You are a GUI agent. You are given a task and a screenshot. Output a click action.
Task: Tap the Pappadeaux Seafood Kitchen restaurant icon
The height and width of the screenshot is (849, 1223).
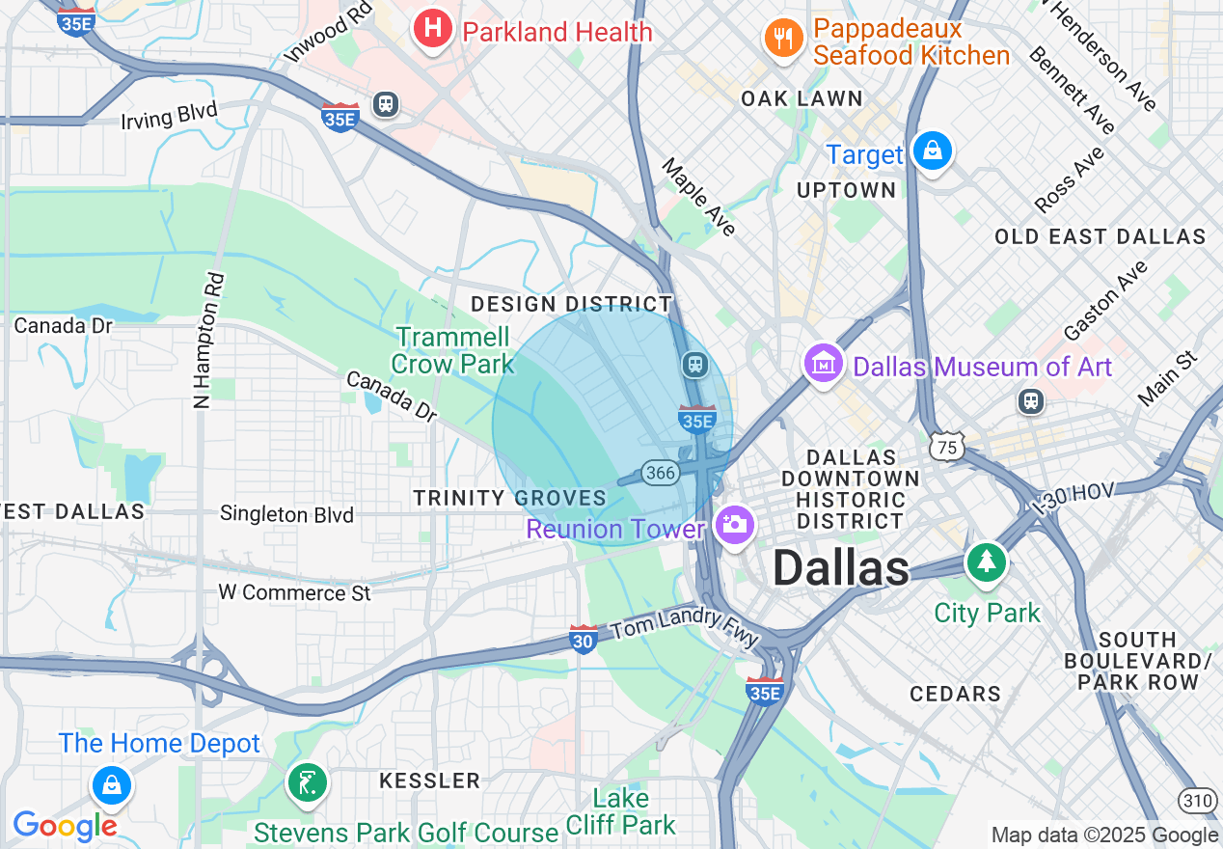point(783,38)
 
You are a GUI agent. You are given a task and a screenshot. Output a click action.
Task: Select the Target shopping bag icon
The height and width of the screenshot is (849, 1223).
point(933,151)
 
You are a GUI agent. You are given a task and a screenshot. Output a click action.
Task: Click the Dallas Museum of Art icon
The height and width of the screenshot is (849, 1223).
point(823,364)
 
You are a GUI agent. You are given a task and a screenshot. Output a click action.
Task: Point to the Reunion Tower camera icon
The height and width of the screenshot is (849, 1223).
point(734,525)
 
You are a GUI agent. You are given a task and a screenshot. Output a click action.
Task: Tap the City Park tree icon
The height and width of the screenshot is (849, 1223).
point(985,561)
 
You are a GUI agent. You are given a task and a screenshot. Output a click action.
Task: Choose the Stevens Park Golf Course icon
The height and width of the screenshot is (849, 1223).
point(308,782)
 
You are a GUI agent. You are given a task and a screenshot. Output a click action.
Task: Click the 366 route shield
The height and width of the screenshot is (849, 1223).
point(660,473)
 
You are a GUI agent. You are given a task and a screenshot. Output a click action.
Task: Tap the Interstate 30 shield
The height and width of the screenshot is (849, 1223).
point(583,639)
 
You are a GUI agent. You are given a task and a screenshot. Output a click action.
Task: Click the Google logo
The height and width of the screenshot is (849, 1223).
point(64,826)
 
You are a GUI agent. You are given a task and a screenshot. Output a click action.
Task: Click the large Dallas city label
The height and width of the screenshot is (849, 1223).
point(840,568)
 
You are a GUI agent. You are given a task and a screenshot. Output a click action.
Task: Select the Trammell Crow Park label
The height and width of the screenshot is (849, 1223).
point(453,350)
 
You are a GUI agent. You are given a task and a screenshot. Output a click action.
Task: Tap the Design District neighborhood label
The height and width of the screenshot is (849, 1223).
point(570,304)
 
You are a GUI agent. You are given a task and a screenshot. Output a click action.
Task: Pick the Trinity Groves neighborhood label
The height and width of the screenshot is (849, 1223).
point(509,498)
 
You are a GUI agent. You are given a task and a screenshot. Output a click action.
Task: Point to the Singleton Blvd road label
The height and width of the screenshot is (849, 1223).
point(286,514)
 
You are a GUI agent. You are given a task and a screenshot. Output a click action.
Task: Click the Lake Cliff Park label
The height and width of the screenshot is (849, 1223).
point(620,811)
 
